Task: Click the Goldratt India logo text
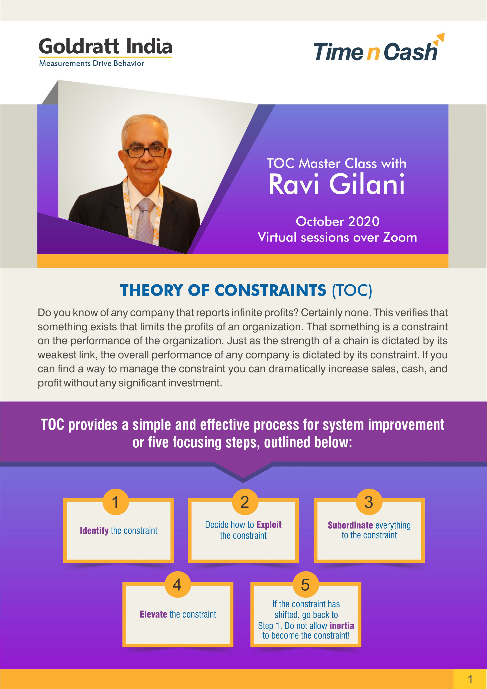click(x=105, y=47)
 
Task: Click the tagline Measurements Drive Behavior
click(x=92, y=63)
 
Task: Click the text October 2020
click(x=338, y=222)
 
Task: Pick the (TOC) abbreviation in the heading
click(x=352, y=290)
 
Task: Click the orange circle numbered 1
click(x=115, y=502)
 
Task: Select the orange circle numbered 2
click(x=245, y=502)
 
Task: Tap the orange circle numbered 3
click(x=369, y=502)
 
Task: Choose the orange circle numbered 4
click(x=177, y=584)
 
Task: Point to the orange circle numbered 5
click(x=306, y=584)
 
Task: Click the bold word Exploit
click(x=269, y=525)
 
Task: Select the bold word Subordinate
click(x=350, y=525)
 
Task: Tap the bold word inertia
click(x=342, y=626)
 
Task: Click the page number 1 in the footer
click(x=470, y=679)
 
